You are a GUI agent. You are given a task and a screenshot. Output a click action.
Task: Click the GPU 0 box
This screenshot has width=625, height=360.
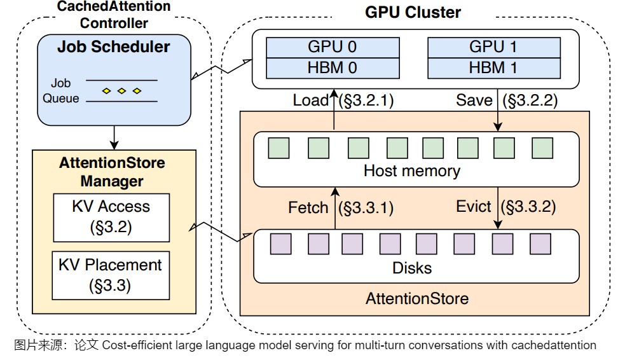tap(332, 47)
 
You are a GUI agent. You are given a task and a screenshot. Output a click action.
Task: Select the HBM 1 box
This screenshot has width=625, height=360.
tap(493, 67)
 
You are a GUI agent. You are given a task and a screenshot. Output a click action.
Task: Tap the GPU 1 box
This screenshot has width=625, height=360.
tap(493, 47)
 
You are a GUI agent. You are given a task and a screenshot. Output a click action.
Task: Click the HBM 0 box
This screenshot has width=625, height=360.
tap(332, 67)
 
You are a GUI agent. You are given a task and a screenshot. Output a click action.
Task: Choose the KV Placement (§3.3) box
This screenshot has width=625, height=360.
tap(111, 275)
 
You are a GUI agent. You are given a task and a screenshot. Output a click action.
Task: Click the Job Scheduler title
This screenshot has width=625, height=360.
tap(114, 46)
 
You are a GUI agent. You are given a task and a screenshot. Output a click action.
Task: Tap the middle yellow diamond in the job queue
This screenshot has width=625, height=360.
tap(121, 91)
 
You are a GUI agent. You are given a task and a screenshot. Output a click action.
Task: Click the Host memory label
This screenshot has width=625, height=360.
tap(411, 170)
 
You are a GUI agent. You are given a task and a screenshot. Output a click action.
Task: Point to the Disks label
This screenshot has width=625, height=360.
tap(412, 268)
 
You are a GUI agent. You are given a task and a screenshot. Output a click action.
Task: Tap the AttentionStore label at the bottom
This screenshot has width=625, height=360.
tap(416, 298)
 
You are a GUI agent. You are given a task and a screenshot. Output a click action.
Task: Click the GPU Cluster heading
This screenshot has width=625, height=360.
tap(413, 12)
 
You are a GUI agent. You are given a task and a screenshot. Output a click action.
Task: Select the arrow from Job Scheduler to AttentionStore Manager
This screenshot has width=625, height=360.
tap(114, 135)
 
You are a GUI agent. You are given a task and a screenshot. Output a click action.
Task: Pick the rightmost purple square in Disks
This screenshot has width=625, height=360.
tap(540, 244)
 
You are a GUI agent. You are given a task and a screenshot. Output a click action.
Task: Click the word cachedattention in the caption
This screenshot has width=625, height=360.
tap(554, 345)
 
